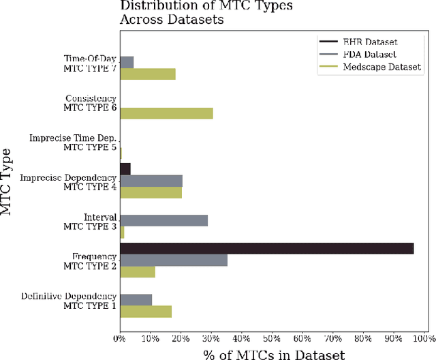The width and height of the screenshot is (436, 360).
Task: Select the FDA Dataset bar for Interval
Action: point(163,220)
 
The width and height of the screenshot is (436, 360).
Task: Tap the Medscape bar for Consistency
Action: point(166,113)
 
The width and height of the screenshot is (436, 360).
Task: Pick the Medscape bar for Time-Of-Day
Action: point(148,74)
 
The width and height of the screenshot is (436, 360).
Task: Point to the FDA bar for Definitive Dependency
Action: point(136,299)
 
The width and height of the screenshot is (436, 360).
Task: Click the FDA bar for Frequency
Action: point(174,260)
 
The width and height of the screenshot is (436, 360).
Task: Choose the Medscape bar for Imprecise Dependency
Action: point(151,192)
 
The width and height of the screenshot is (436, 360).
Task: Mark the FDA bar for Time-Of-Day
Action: point(127,62)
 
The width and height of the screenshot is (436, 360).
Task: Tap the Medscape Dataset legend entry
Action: point(377,66)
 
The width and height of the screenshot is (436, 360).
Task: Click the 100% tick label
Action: point(424,337)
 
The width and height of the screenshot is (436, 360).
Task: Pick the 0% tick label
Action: point(121,337)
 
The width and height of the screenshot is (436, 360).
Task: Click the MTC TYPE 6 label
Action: point(90,108)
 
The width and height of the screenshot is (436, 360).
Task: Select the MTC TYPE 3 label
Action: point(90,226)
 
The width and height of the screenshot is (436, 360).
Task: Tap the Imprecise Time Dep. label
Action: point(73,138)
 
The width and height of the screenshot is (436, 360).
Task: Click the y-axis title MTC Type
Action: point(8,181)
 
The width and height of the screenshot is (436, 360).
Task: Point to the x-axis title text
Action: point(274,353)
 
